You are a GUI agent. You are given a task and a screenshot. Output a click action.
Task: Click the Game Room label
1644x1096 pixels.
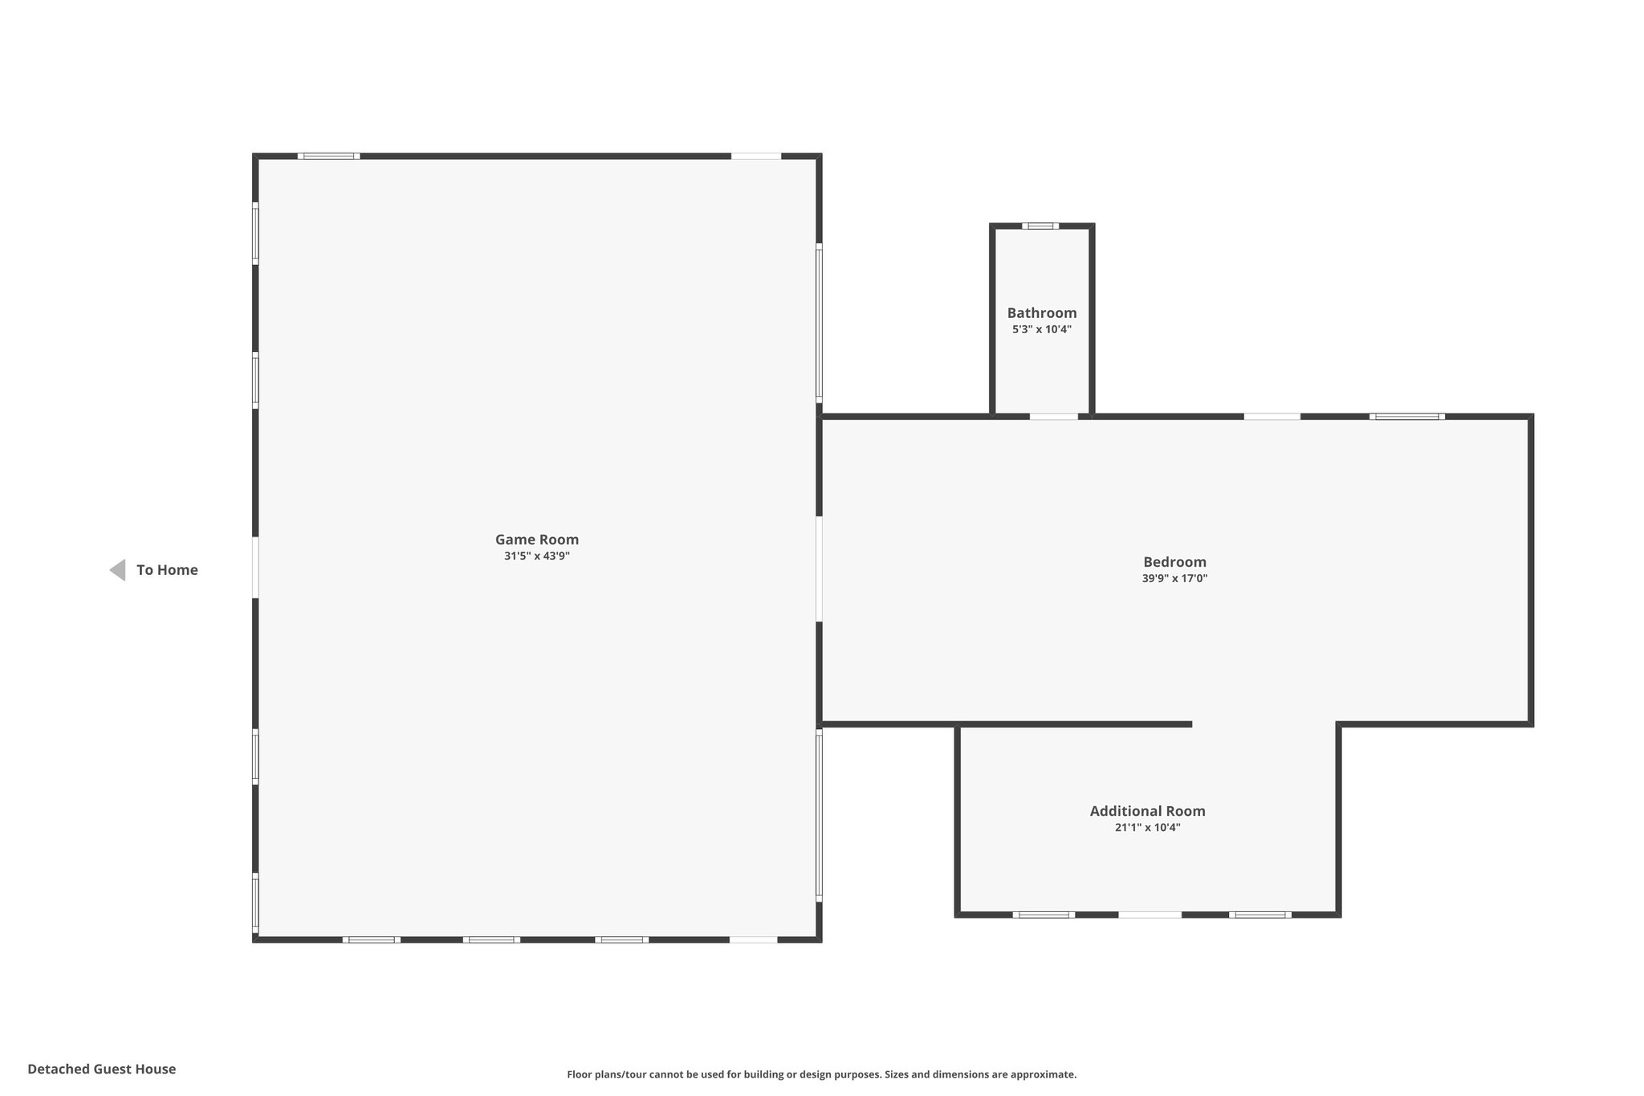coord(536,540)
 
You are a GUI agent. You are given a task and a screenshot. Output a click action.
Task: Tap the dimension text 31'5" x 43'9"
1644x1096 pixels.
coord(536,556)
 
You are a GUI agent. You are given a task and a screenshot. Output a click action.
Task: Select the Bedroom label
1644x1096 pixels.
coord(1174,562)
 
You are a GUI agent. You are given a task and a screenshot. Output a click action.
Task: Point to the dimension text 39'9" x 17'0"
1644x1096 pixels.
coord(1174,578)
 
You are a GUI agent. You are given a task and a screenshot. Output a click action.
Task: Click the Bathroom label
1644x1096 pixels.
coord(1042,313)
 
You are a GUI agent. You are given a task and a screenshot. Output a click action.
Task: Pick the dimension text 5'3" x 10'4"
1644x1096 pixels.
coord(1042,329)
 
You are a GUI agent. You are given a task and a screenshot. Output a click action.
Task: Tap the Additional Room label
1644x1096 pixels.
coord(1147,811)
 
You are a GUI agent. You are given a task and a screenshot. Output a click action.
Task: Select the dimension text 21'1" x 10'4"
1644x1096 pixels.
coord(1147,827)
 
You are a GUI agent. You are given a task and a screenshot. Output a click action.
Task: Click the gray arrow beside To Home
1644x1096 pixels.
coord(118,570)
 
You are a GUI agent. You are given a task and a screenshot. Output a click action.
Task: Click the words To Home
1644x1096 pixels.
coord(167,570)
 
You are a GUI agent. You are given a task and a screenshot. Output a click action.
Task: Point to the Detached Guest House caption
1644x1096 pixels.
coord(101,1069)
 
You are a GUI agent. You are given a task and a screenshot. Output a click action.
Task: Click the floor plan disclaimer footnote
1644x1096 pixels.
coord(821,1074)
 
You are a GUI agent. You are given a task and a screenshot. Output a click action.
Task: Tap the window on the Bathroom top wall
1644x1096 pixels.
coord(1040,226)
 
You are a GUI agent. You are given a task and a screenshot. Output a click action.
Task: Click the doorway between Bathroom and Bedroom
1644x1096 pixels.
coord(1053,417)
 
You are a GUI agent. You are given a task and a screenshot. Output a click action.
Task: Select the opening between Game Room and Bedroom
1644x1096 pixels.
coord(819,568)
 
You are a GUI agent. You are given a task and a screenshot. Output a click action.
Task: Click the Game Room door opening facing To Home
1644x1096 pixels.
coord(255,567)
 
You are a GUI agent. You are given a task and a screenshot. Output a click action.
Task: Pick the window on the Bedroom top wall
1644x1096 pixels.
coord(1406,417)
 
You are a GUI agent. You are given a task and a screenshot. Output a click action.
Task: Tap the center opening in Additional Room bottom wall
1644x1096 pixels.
coord(1150,915)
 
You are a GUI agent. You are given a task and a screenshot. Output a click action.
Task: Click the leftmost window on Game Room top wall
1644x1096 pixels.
coord(328,156)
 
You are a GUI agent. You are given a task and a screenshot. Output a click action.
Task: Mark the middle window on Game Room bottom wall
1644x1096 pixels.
coord(491,939)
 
